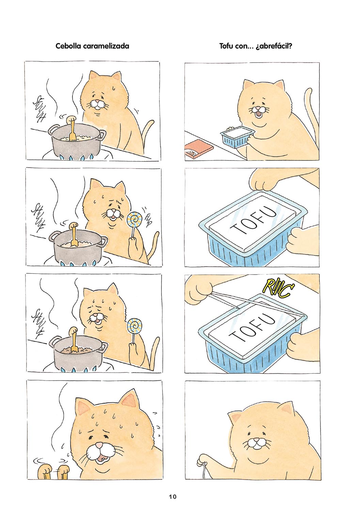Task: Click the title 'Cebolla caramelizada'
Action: (92, 46)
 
